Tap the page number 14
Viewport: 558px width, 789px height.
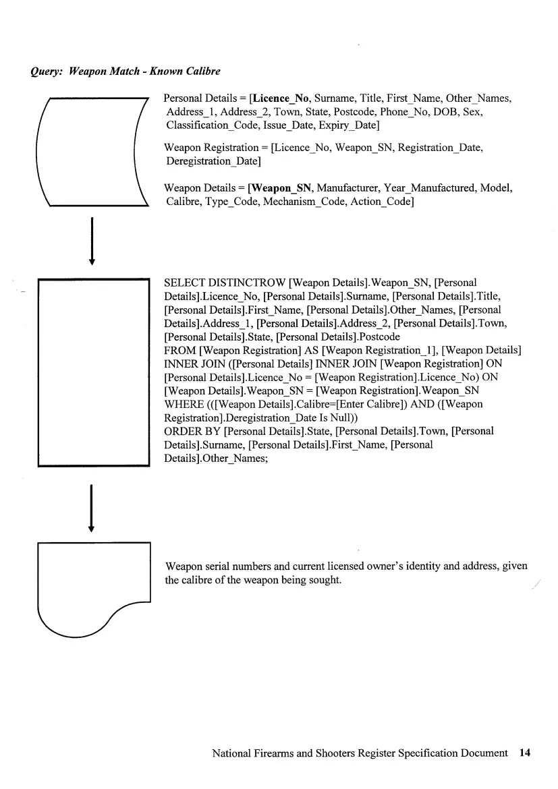pos(526,753)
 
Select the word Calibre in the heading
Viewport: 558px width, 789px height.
pos(202,71)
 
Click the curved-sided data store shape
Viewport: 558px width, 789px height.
pos(92,151)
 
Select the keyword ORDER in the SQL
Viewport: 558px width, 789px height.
pos(185,431)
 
